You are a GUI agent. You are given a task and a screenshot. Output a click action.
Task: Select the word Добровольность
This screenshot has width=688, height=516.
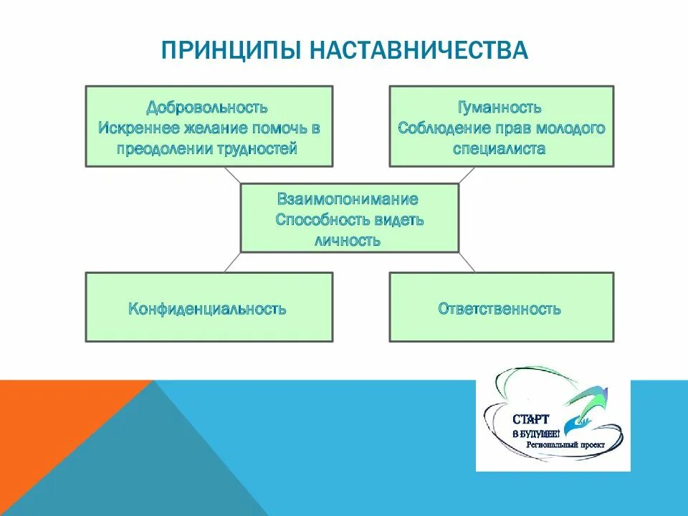[x=207, y=107]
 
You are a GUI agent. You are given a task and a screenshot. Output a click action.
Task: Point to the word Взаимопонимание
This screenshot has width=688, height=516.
[x=348, y=199]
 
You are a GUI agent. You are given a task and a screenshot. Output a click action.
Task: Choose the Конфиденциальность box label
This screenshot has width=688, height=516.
[x=208, y=309]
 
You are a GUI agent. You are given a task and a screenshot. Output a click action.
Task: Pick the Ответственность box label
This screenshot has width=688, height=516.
[x=500, y=309]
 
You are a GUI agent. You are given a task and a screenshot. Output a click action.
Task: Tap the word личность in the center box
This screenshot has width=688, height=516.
[x=348, y=240]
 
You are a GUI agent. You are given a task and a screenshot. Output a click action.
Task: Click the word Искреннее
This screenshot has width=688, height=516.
[x=133, y=128]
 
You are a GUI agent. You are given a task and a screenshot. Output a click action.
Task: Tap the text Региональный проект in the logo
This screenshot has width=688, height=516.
[x=565, y=445]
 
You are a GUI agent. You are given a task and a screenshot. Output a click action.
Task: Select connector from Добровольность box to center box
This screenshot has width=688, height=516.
[x=232, y=176]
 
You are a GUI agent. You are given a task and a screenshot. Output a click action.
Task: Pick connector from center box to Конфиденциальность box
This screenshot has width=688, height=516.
[x=232, y=262]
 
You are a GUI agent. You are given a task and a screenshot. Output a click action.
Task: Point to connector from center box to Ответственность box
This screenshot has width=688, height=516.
[x=467, y=262]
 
